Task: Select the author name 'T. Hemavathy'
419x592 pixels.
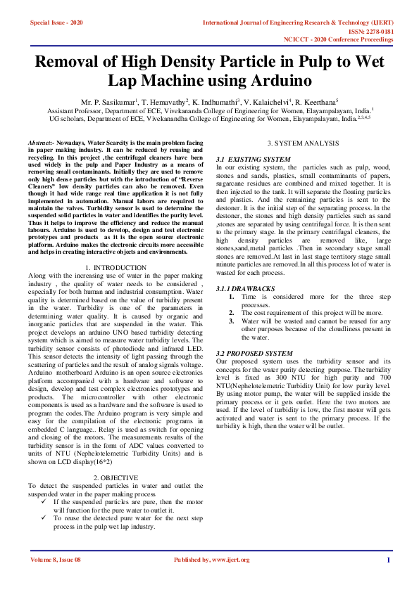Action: (163, 103)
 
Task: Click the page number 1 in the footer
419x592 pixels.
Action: (388, 560)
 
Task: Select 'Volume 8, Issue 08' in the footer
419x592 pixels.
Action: (56, 560)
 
